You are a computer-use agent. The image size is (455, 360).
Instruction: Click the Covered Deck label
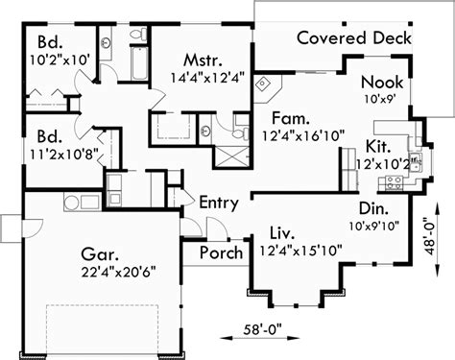tap(354, 37)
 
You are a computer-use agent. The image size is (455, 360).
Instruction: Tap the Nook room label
tap(382, 83)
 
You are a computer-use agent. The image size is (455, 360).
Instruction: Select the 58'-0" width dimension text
tap(263, 329)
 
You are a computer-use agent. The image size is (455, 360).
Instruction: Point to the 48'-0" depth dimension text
tap(430, 236)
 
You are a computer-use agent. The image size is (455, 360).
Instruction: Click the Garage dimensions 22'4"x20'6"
tap(118, 272)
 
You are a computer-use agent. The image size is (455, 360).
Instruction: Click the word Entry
tap(219, 203)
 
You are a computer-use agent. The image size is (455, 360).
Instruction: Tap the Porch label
tap(221, 252)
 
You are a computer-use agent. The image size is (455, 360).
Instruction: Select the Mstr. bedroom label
tap(203, 60)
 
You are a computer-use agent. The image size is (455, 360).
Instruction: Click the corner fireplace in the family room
tap(268, 88)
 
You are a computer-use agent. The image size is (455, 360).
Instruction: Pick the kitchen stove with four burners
tap(394, 182)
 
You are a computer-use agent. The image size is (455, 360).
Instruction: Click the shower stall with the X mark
tap(231, 156)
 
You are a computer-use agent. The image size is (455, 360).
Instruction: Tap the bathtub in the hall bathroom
tap(139, 62)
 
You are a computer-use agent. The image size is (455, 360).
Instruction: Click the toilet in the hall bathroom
tap(138, 34)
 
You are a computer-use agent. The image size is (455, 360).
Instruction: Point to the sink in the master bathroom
tap(205, 131)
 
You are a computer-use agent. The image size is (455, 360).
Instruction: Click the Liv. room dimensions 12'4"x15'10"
tap(300, 251)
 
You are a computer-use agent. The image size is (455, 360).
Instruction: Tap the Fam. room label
tap(291, 118)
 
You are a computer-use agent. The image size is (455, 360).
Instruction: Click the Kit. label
tap(378, 147)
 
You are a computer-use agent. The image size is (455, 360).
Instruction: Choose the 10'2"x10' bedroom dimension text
tap(60, 60)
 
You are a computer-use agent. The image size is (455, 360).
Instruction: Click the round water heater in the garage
tap(71, 202)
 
